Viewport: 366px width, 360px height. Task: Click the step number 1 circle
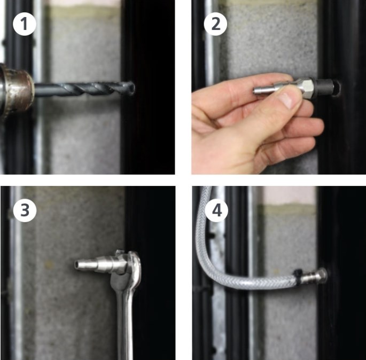pyautogui.click(x=24, y=24)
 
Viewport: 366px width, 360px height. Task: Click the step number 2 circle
pyautogui.click(x=215, y=24)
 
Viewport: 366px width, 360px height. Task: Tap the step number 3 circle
pyautogui.click(x=25, y=210)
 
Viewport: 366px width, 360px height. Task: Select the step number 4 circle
pyautogui.click(x=216, y=210)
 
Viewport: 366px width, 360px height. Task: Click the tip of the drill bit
pyautogui.click(x=133, y=88)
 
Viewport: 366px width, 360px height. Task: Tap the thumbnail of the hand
pyautogui.click(x=286, y=100)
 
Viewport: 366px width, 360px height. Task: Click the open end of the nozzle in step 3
pyautogui.click(x=76, y=264)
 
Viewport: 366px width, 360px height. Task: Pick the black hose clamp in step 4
pyautogui.click(x=298, y=276)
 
